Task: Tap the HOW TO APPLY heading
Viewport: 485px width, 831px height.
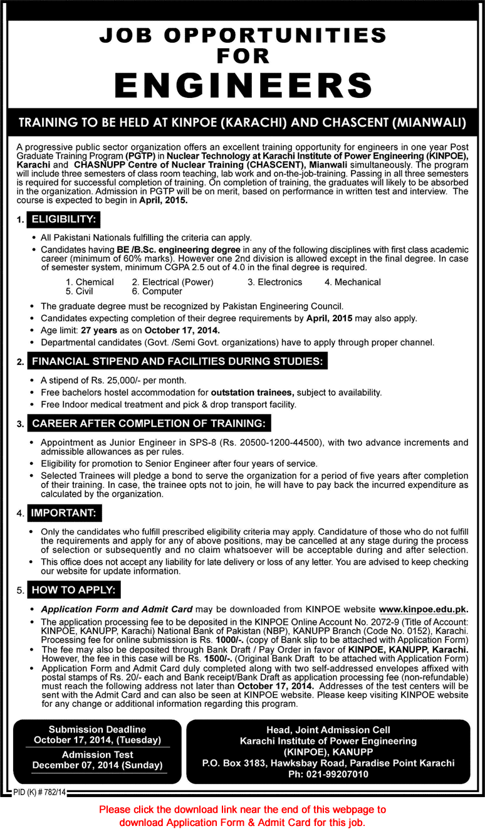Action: pyautogui.click(x=74, y=590)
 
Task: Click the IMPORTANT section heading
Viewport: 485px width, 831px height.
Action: pyautogui.click(x=64, y=512)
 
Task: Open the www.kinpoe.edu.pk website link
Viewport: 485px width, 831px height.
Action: pyautogui.click(x=423, y=609)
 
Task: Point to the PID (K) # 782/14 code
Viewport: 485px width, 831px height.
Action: pyautogui.click(x=39, y=793)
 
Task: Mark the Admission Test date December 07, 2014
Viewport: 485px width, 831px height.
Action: pyautogui.click(x=97, y=765)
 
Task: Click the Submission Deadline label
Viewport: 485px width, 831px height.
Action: pyautogui.click(x=97, y=729)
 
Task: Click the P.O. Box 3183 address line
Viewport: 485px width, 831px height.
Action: pyautogui.click(x=328, y=763)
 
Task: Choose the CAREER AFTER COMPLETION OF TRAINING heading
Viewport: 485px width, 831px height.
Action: pyautogui.click(x=149, y=423)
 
